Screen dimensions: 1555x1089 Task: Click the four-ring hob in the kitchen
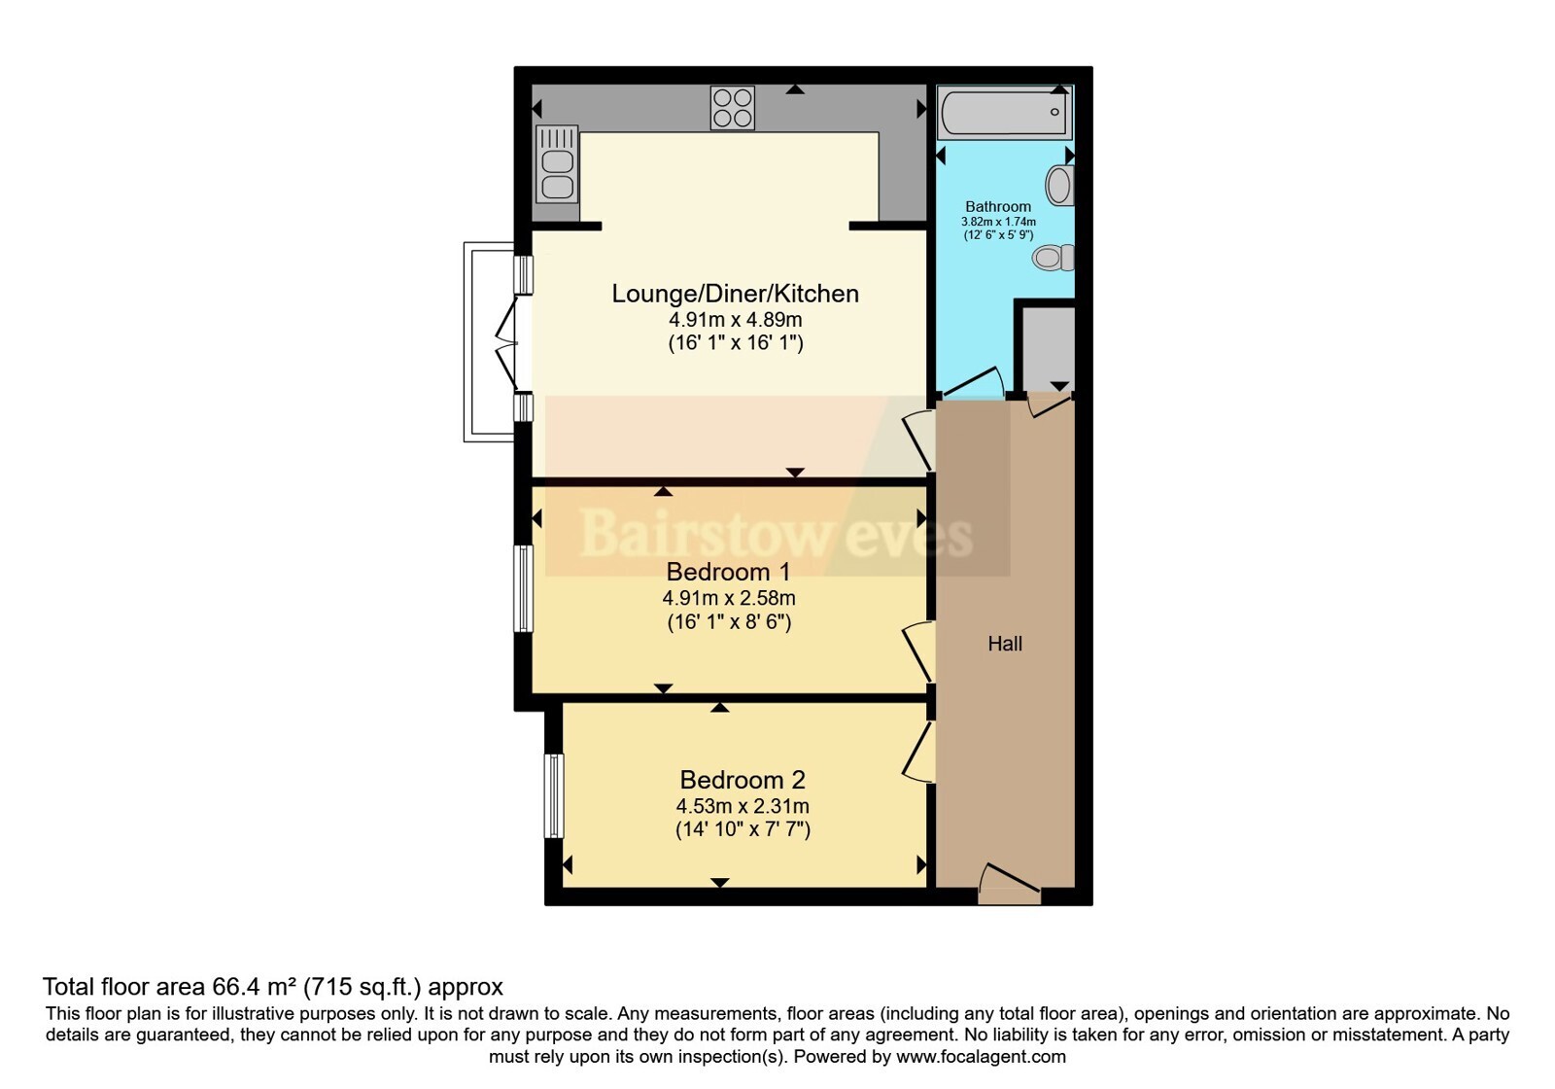pyautogui.click(x=733, y=108)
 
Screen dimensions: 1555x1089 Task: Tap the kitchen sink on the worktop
pyautogui.click(x=557, y=164)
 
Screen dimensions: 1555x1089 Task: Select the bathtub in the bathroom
pyautogui.click(x=1004, y=112)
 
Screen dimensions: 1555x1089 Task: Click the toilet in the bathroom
pyautogui.click(x=1054, y=258)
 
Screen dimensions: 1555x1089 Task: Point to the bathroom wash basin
pyautogui.click(x=1060, y=186)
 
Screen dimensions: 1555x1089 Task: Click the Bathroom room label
pyautogui.click(x=998, y=206)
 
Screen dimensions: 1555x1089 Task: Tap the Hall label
pyautogui.click(x=1005, y=644)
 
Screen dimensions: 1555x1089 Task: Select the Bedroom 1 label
pyautogui.click(x=728, y=572)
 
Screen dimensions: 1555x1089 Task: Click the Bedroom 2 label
pyautogui.click(x=743, y=780)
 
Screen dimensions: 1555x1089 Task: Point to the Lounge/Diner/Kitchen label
pyautogui.click(x=735, y=294)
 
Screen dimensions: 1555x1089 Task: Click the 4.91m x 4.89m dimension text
pyautogui.click(x=735, y=320)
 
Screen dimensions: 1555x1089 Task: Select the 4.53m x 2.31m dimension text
pyautogui.click(x=743, y=806)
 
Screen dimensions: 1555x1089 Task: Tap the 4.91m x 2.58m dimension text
pyautogui.click(x=729, y=598)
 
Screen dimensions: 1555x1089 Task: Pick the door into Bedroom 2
pyautogui.click(x=919, y=754)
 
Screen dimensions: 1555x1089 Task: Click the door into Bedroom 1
pyautogui.click(x=919, y=652)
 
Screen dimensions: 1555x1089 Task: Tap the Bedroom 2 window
pyautogui.click(x=553, y=796)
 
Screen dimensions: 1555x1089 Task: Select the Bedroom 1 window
pyautogui.click(x=524, y=589)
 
